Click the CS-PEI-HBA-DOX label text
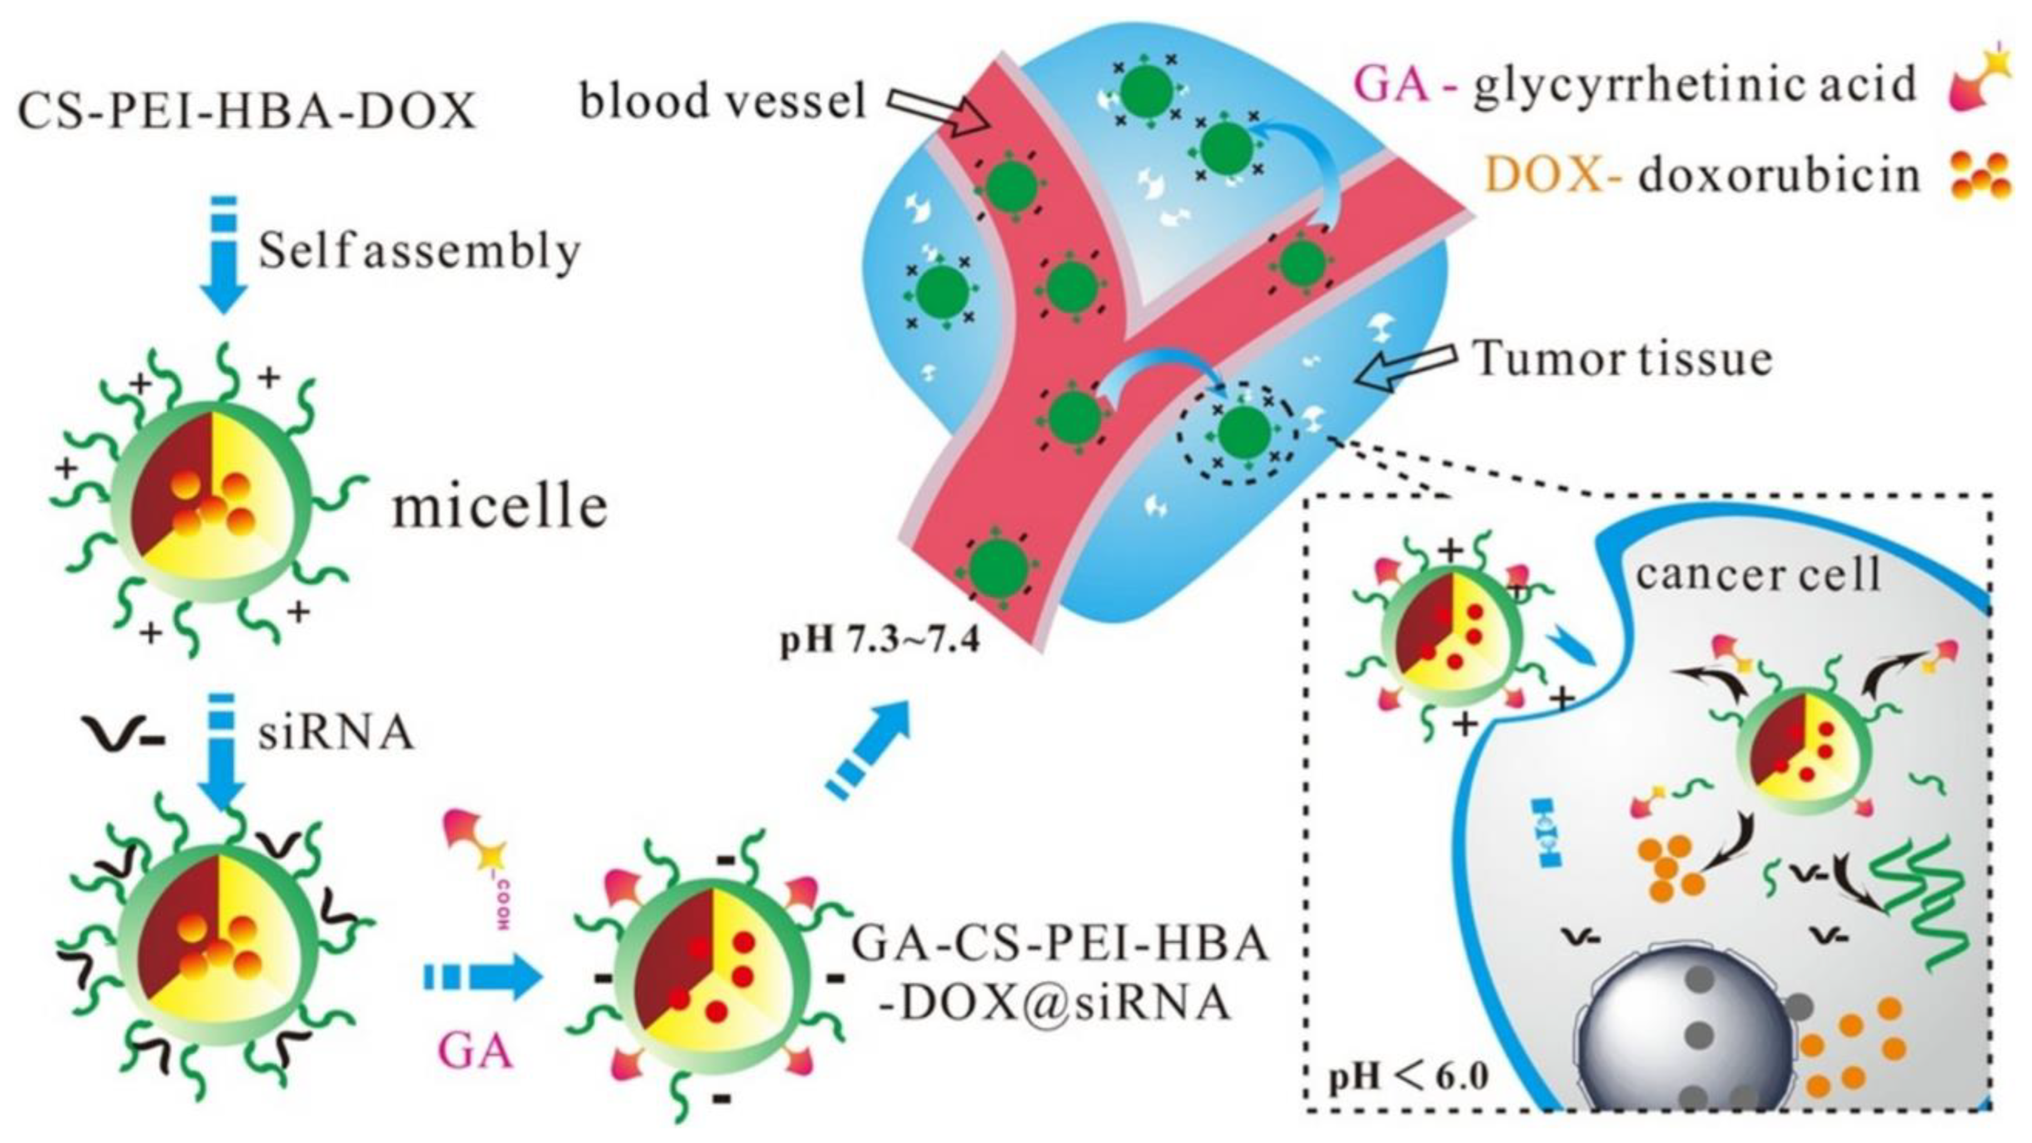246,111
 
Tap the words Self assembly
419,252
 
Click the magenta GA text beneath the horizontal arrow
476,1051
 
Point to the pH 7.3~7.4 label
879,641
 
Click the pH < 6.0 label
1408,1077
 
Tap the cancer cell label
1757,574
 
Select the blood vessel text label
723,101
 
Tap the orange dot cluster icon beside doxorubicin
1979,175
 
